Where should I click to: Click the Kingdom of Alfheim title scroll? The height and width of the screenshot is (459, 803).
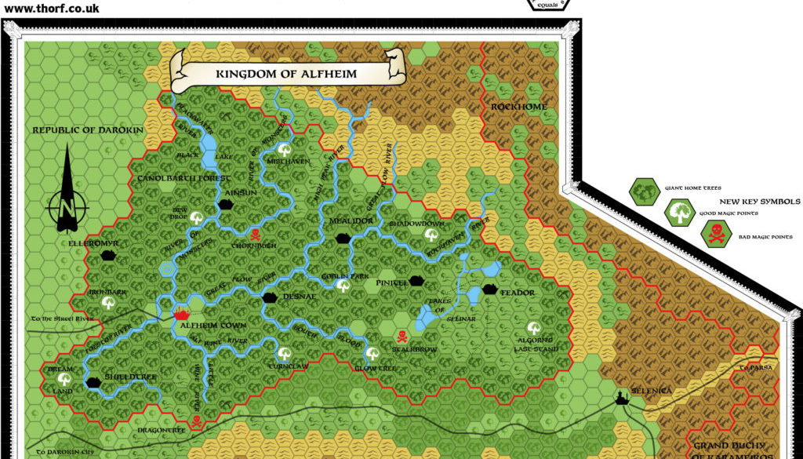[x=286, y=73]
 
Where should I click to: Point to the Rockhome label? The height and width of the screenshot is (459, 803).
[x=519, y=107]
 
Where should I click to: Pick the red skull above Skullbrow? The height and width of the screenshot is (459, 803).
[x=401, y=337]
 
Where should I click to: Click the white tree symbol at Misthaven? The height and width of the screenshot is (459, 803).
[x=284, y=148]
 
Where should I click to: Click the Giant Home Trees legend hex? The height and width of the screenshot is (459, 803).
[x=644, y=191]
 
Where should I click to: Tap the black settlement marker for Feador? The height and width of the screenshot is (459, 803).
[x=490, y=289]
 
